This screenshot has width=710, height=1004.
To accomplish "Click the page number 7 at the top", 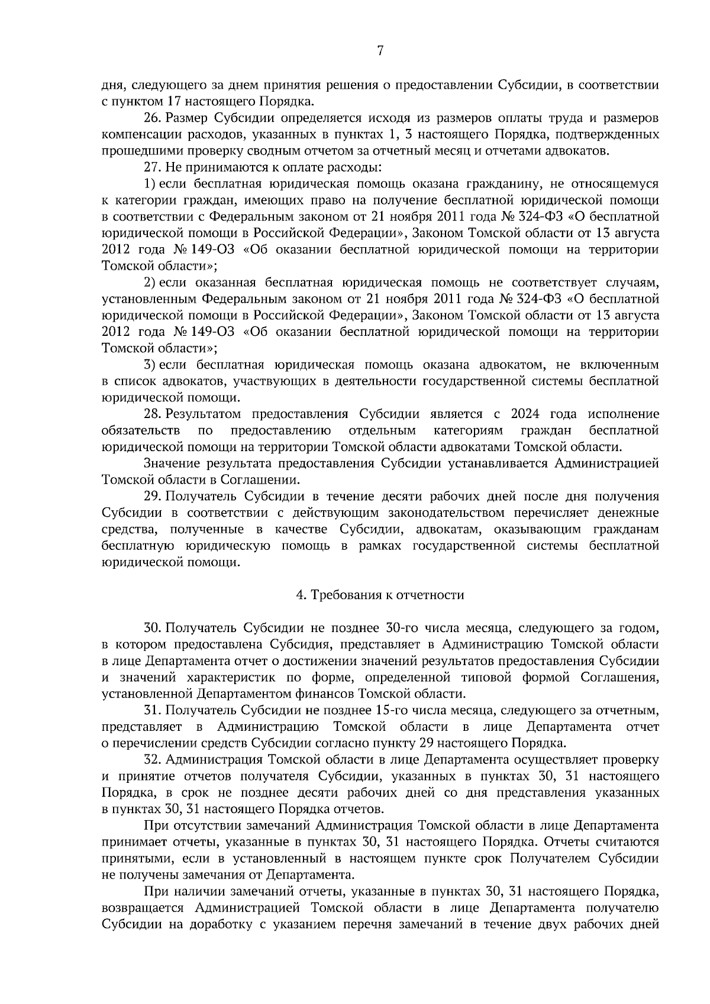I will tap(380, 51).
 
